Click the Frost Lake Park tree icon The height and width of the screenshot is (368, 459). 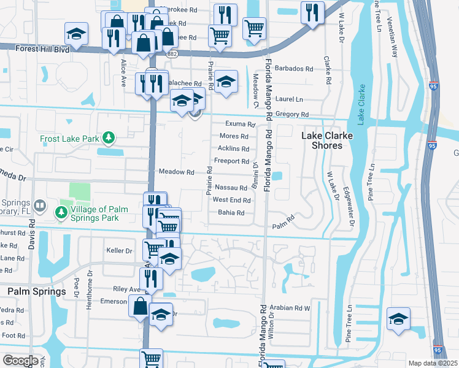(x=109, y=138)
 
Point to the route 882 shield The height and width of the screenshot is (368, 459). (x=172, y=55)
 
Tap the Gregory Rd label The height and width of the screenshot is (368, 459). (x=291, y=115)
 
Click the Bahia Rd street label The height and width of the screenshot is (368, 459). (x=231, y=213)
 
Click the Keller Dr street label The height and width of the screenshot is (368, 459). (x=119, y=251)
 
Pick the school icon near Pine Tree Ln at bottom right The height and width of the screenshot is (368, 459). (x=398, y=320)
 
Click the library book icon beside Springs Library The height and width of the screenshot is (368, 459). (x=39, y=204)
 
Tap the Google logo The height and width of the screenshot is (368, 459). (x=20, y=361)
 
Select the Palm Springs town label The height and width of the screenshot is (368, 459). (x=36, y=291)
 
